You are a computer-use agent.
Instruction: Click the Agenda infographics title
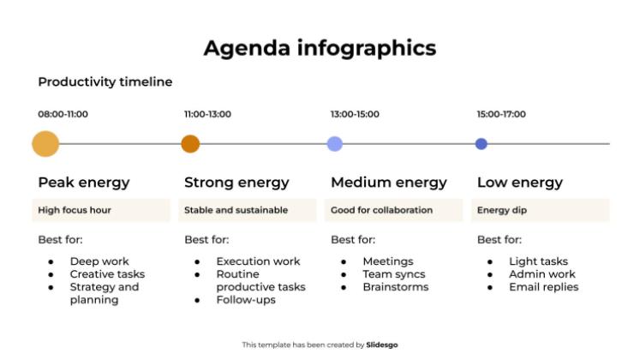coord(320,48)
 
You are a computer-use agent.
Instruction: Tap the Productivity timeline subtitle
coord(105,82)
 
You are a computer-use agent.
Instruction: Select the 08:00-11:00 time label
coord(63,114)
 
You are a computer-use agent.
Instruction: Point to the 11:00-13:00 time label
coord(208,114)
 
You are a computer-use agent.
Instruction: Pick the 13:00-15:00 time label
coord(355,114)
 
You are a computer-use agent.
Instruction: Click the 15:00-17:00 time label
coord(501,114)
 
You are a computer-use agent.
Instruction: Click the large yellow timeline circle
coord(45,144)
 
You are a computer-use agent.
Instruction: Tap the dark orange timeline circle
coord(190,144)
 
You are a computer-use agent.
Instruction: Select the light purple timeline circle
coord(335,144)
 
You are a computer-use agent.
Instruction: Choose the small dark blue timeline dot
coord(481,144)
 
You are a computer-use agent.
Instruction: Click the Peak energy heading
coord(84,183)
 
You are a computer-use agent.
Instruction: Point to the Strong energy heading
coord(236,183)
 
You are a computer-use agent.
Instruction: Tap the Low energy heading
coord(520,183)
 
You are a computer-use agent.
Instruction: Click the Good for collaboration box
coord(395,210)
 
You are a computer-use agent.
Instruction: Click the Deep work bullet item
coord(99,261)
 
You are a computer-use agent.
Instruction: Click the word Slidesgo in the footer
coord(382,345)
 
